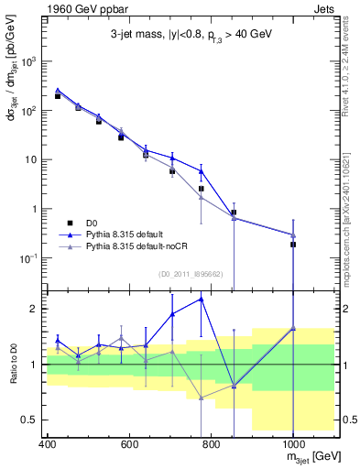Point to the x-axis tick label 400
(x=48, y=444)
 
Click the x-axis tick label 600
(x=129, y=444)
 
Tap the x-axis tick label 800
(x=211, y=444)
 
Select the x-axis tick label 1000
(x=292, y=444)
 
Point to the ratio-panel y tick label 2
(x=34, y=309)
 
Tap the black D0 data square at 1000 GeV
(x=293, y=245)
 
